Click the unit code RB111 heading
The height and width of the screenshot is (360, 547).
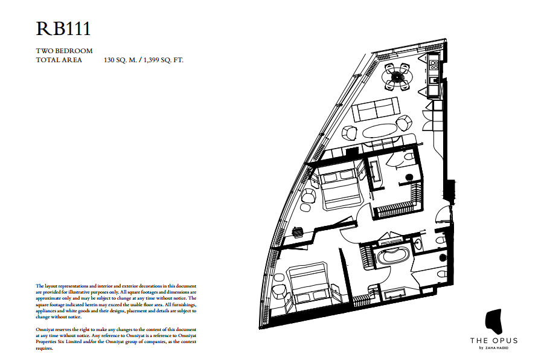pyautogui.click(x=63, y=28)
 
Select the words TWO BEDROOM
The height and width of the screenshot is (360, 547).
pyautogui.click(x=64, y=51)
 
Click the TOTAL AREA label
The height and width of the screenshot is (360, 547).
pyautogui.click(x=59, y=60)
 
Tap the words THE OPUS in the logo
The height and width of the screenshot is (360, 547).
pyautogui.click(x=493, y=341)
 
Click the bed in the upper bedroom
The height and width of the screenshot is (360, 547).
pyautogui.click(x=338, y=188)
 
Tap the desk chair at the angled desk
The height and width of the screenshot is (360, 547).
pyautogui.click(x=297, y=231)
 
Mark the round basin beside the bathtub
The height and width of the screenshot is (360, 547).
pyautogui.click(x=418, y=245)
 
